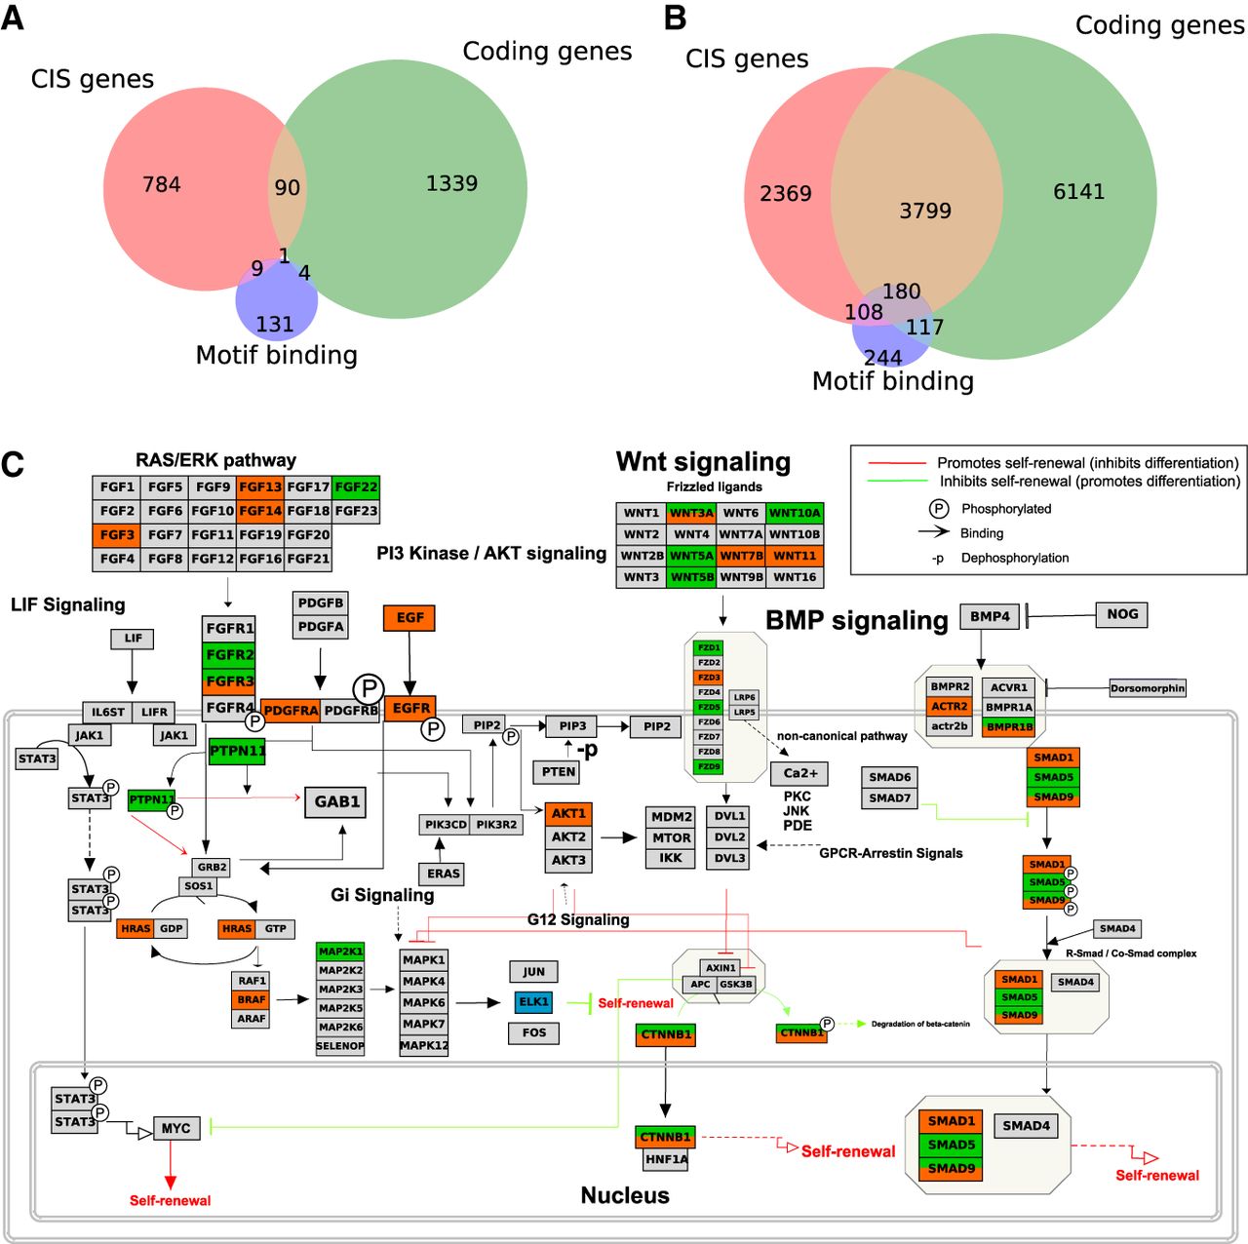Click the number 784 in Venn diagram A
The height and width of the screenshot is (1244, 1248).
[x=162, y=184]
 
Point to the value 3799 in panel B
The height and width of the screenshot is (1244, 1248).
[x=925, y=211]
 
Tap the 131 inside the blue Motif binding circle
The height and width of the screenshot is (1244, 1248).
[x=275, y=325]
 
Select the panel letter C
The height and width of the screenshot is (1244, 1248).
[x=13, y=464]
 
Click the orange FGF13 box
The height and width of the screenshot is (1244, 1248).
[x=260, y=486]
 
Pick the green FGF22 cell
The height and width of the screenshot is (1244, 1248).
[x=356, y=486]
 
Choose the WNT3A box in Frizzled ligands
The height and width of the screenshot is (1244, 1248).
[x=691, y=513]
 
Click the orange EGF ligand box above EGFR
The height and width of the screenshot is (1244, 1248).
[x=409, y=618]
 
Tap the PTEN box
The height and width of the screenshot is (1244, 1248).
[x=558, y=772]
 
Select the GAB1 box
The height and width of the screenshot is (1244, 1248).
[x=336, y=801]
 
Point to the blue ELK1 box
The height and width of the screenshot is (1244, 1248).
[x=534, y=1001]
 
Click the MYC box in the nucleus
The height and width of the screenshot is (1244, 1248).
[x=175, y=1128]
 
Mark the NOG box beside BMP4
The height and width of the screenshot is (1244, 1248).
[x=1122, y=614]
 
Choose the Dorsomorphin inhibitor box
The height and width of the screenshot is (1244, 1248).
[x=1148, y=688]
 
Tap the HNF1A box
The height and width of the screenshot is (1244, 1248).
[x=665, y=1159]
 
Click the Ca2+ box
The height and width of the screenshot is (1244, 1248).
[x=799, y=773]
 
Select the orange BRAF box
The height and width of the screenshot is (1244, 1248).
[x=252, y=999]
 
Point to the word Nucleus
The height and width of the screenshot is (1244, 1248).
[x=625, y=1195]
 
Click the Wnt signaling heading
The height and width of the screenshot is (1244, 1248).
[x=703, y=461]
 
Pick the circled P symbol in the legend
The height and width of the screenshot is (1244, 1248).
[x=938, y=508]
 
